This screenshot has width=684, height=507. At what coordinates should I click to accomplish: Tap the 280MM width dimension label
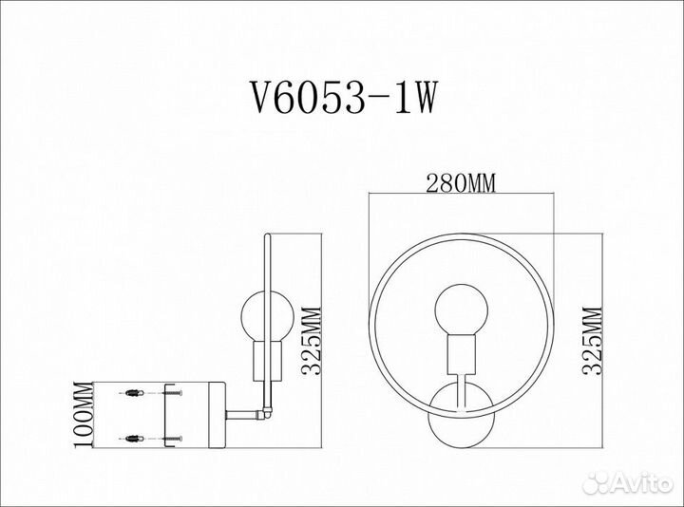[x=461, y=184]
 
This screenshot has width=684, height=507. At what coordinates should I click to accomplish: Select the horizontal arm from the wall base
[x=245, y=413]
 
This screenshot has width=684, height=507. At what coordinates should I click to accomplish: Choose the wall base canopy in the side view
[x=195, y=413]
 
